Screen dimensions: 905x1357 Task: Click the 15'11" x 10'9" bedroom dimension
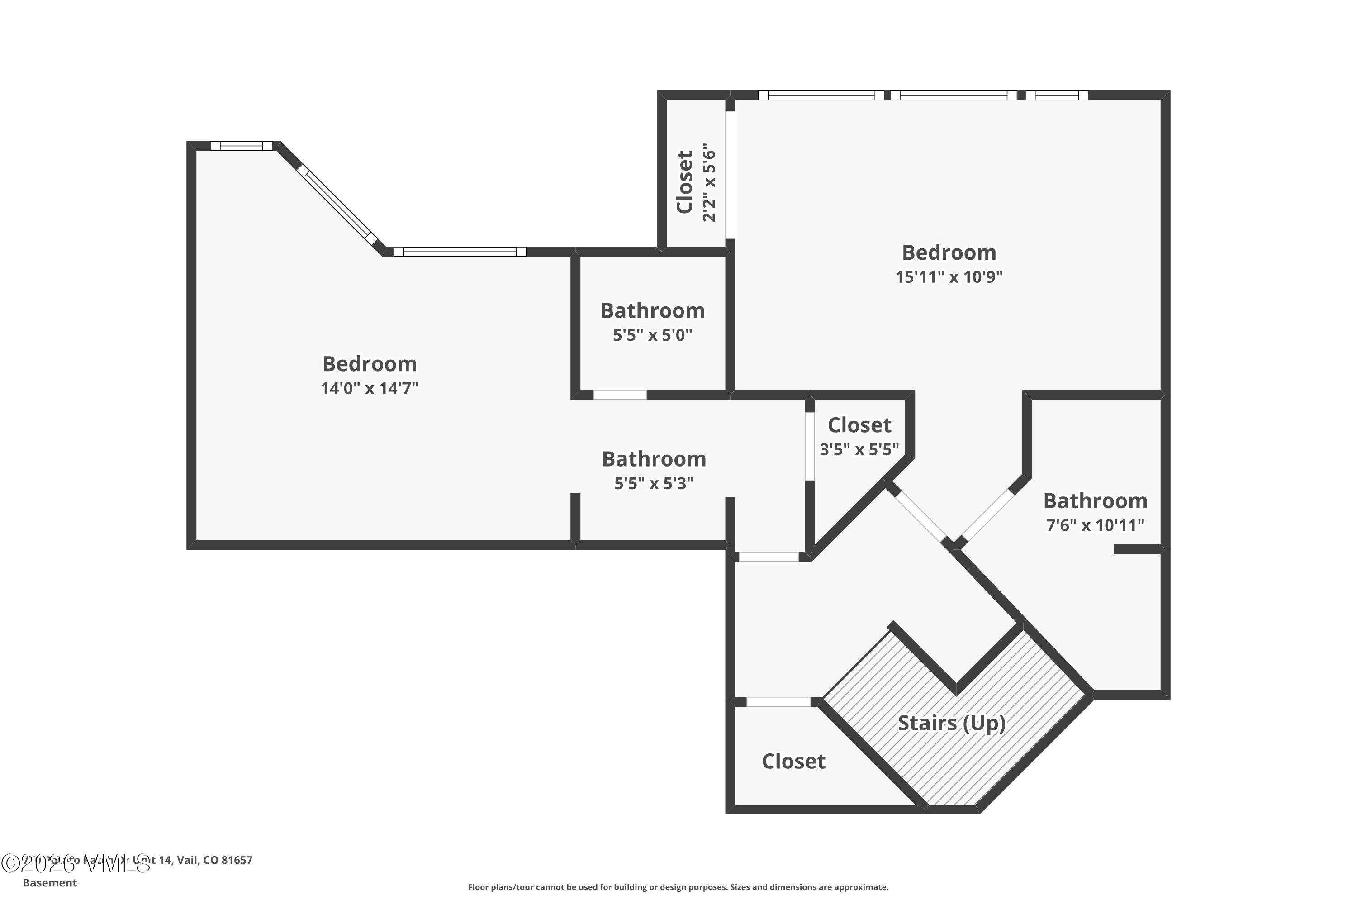click(x=949, y=277)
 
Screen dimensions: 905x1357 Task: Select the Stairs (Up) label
click(x=951, y=723)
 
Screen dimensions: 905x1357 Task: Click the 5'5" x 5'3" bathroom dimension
click(x=653, y=484)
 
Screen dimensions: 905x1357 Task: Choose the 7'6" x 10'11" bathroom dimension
click(x=1095, y=525)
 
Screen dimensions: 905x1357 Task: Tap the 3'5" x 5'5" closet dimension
click(x=859, y=450)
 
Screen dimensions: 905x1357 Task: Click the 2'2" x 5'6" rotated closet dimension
click(x=709, y=184)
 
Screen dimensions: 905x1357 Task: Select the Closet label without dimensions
click(x=793, y=761)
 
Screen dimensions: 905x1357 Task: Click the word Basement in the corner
click(x=50, y=882)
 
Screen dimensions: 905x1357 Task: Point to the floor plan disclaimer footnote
click(x=678, y=887)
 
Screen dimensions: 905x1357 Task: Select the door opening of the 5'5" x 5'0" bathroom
click(x=620, y=395)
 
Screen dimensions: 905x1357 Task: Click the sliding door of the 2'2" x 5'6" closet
click(x=730, y=174)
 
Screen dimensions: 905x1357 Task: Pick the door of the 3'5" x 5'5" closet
click(x=810, y=446)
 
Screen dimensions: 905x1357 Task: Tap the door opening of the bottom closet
click(x=778, y=702)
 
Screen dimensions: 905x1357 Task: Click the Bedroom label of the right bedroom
click(x=949, y=253)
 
